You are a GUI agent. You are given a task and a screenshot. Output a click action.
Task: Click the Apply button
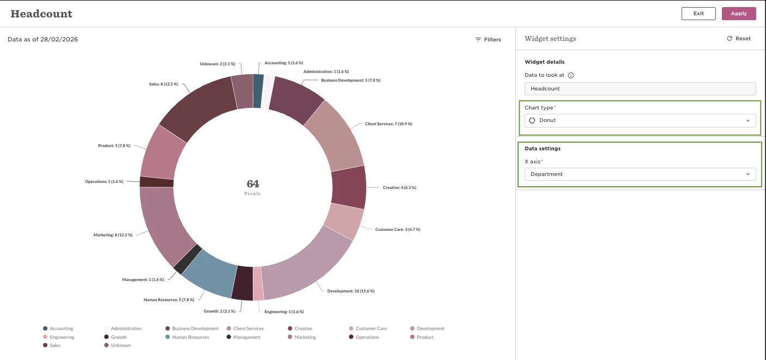pyautogui.click(x=739, y=14)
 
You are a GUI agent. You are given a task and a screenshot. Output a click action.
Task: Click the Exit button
pyautogui.click(x=698, y=14)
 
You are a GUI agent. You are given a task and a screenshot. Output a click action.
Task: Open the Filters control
pyautogui.click(x=488, y=40)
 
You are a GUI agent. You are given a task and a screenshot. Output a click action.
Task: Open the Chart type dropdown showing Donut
pyautogui.click(x=640, y=120)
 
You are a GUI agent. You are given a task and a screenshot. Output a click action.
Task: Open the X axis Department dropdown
pyautogui.click(x=640, y=174)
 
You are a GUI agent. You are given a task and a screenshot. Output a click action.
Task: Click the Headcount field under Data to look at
pyautogui.click(x=640, y=89)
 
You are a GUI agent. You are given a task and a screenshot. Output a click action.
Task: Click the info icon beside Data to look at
pyautogui.click(x=571, y=75)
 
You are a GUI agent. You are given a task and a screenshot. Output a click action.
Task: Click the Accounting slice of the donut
pyautogui.click(x=258, y=91)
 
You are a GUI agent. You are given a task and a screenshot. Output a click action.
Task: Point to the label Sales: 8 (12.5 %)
pyautogui.click(x=163, y=84)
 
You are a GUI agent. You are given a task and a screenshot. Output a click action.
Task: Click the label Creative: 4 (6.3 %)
pyautogui.click(x=399, y=187)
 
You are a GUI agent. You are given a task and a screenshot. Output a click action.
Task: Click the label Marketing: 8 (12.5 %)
pyautogui.click(x=113, y=235)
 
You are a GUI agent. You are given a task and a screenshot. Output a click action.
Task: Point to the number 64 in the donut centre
pyautogui.click(x=253, y=184)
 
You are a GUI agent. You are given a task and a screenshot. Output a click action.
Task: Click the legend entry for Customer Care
pyautogui.click(x=368, y=328)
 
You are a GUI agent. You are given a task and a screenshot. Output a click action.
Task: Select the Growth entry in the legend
pyautogui.click(x=115, y=337)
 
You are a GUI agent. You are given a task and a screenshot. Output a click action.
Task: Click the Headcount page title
pyautogui.click(x=41, y=14)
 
